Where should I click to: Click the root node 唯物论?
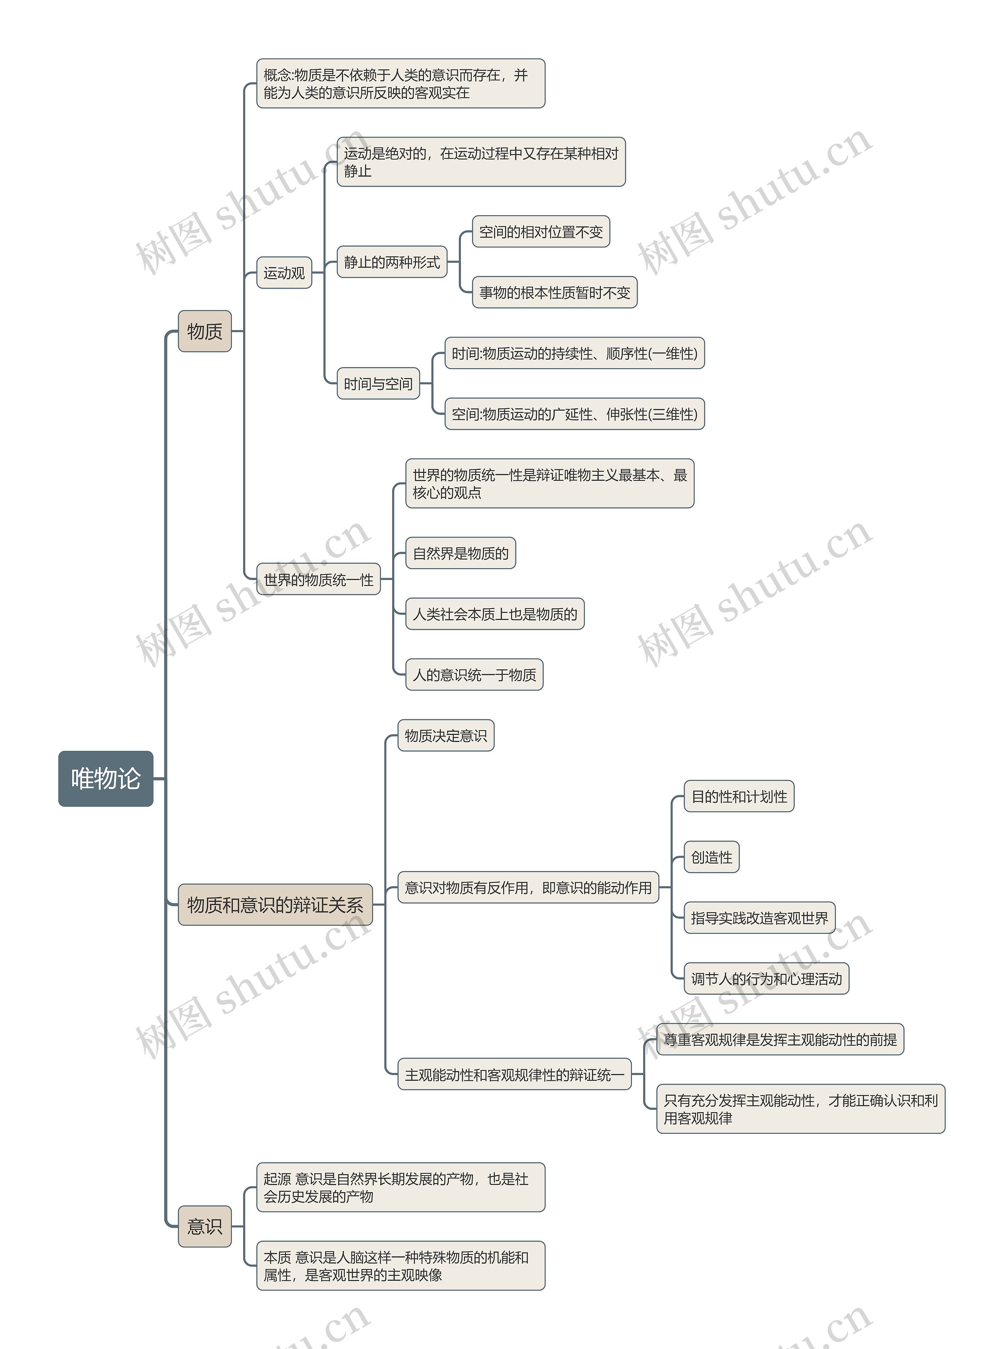click(x=106, y=778)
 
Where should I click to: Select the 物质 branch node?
click(x=205, y=331)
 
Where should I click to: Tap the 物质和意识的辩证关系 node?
click(x=275, y=905)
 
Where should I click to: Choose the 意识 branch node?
click(x=205, y=1226)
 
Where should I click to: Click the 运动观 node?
click(x=284, y=273)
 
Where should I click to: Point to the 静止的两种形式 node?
click(x=392, y=262)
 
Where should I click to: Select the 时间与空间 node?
click(x=378, y=384)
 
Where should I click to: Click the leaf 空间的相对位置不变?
click(x=541, y=231)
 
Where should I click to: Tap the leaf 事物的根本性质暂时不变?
click(x=554, y=292)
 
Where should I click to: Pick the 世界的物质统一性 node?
click(x=318, y=579)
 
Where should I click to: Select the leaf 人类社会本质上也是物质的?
click(x=495, y=614)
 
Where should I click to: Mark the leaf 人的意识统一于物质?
click(x=474, y=674)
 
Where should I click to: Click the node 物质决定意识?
click(x=446, y=735)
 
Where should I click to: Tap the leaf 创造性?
click(x=712, y=857)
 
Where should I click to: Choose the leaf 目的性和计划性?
click(x=739, y=796)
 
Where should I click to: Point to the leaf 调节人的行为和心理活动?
click(x=766, y=978)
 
